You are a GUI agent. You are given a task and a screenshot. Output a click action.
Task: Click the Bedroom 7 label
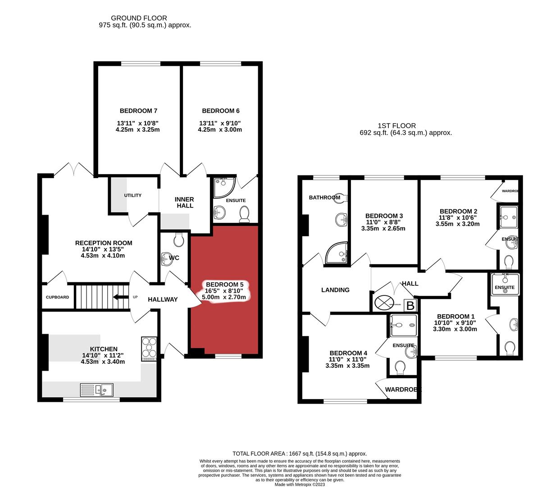[138, 111]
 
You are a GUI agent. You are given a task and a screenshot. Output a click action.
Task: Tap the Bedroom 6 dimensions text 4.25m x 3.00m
[220, 130]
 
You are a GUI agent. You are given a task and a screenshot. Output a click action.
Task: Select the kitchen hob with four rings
[149, 349]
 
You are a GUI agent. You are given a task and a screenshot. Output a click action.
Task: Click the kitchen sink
[97, 389]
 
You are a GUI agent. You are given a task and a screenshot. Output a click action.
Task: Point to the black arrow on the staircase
[120, 297]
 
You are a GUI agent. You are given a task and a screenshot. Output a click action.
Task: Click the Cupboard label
[57, 297]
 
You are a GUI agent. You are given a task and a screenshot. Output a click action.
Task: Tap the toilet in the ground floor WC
[179, 240]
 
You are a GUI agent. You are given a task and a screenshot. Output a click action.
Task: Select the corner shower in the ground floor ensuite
[223, 187]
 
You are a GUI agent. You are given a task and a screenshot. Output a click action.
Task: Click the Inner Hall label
[185, 202]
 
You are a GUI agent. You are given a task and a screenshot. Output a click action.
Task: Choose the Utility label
[132, 195]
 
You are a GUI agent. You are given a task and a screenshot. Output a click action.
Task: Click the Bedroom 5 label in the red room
[224, 285]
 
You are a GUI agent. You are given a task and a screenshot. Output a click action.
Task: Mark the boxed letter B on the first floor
[410, 306]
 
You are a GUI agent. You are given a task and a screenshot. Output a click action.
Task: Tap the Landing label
[335, 290]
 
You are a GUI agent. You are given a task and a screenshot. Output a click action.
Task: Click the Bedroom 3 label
[384, 216]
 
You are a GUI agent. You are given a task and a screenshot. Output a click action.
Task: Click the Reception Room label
[104, 243]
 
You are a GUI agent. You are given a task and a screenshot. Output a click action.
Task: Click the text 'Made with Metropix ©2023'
[300, 484]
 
